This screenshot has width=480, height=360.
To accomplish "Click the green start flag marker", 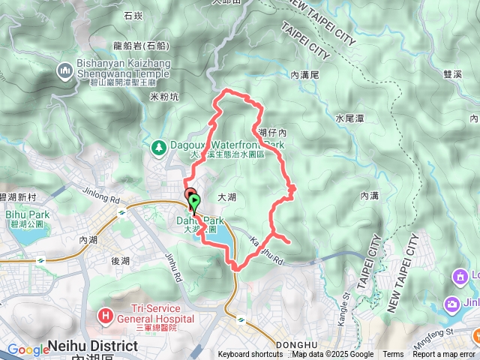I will (196, 201).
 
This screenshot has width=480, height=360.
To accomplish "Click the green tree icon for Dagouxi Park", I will (158, 146).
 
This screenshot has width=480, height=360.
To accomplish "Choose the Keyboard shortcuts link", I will (250, 355).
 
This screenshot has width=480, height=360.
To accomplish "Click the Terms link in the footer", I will (393, 355).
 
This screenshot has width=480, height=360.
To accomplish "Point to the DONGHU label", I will (296, 346).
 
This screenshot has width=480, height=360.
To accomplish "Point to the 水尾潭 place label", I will (349, 118).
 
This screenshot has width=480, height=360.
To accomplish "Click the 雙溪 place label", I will (453, 74).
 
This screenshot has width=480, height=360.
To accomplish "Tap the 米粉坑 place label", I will (164, 96).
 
